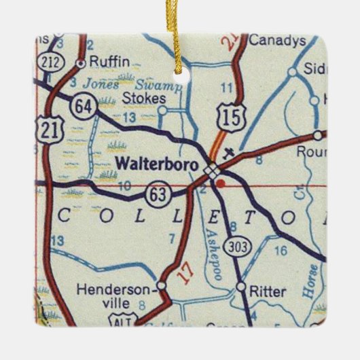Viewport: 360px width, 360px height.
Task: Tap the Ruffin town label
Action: [109, 61]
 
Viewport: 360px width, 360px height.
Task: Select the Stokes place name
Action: [143, 98]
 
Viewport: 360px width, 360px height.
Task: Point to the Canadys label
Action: [276, 41]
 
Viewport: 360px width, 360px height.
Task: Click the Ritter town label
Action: [268, 292]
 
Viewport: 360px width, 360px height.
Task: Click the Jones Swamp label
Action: [132, 85]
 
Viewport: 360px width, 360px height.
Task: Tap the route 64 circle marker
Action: [85, 107]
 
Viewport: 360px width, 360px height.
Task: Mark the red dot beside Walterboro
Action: [219, 182]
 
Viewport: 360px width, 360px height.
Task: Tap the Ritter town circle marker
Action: [241, 287]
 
